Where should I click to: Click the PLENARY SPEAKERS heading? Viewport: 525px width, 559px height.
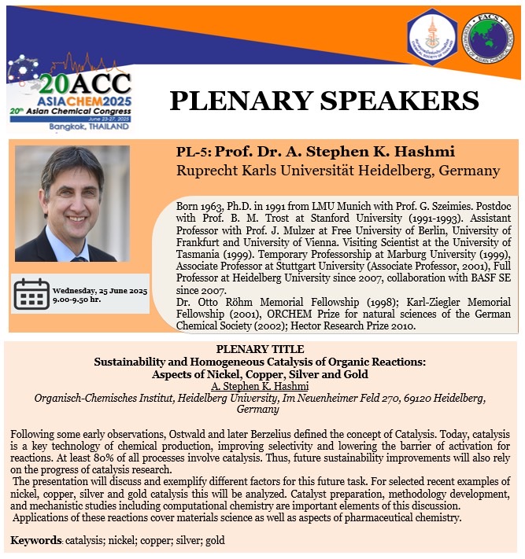324,100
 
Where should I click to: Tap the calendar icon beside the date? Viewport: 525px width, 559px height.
32,293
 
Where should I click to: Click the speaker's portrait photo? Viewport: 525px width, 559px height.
72,203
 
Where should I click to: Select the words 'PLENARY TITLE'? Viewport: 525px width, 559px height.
259,349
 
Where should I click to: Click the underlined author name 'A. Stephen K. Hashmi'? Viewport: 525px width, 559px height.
259,386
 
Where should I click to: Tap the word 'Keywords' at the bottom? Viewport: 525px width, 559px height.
35,542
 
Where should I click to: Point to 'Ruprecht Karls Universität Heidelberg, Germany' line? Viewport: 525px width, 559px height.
338,170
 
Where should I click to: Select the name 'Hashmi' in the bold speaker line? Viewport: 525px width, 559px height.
397,152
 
